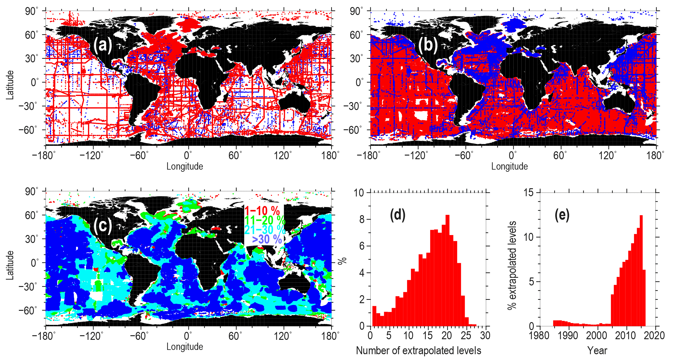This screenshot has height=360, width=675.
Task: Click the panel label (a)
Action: click(x=103, y=45)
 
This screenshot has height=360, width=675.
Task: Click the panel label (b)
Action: click(x=428, y=45)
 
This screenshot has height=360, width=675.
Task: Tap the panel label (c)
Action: click(x=103, y=226)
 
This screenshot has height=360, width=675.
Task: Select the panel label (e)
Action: click(x=562, y=215)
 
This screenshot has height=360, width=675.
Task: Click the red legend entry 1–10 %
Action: click(x=262, y=211)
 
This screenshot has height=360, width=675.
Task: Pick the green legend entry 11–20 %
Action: click(x=265, y=220)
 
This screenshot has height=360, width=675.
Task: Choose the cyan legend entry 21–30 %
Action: click(x=265, y=230)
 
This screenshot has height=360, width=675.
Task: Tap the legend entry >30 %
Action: click(x=267, y=239)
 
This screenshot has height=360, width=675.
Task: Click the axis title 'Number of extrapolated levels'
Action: click(x=418, y=351)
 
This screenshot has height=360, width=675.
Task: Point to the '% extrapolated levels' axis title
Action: click(x=512, y=265)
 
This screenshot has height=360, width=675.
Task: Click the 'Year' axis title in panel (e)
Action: click(x=597, y=351)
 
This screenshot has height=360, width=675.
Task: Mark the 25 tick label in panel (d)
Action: click(x=466, y=336)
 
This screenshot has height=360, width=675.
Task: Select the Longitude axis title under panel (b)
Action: click(x=509, y=166)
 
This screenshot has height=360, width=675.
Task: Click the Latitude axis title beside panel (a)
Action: click(x=10, y=85)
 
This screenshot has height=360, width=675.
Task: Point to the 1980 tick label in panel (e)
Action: click(x=539, y=336)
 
